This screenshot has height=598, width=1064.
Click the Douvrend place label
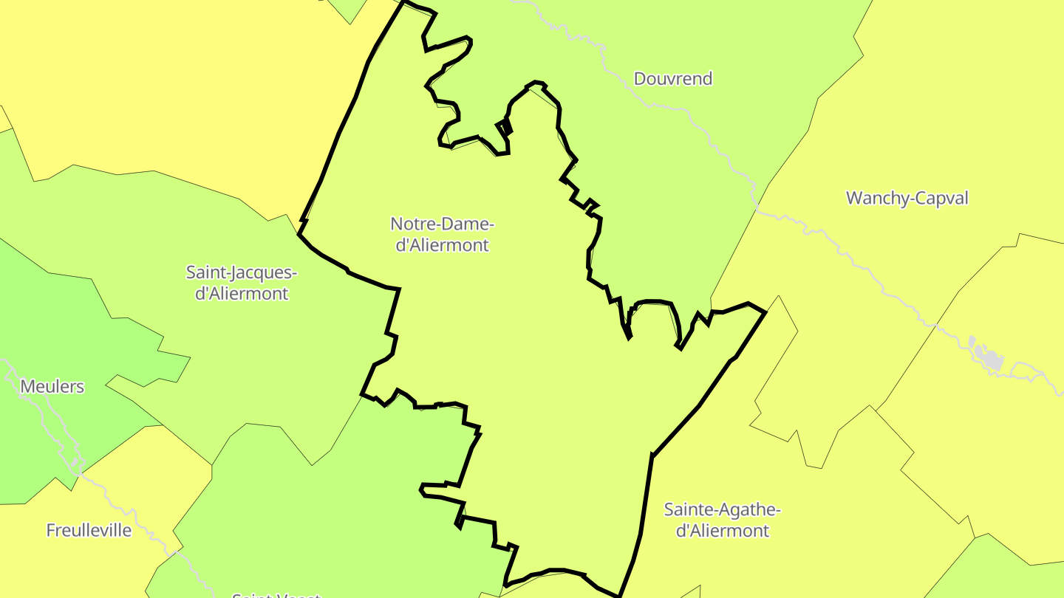(x=673, y=79)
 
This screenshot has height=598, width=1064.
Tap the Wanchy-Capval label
(x=907, y=198)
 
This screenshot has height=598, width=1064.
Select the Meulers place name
(x=52, y=386)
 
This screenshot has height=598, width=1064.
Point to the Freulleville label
(x=89, y=530)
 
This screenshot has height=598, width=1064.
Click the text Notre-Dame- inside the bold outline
(x=442, y=224)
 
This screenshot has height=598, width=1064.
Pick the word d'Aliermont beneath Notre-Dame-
(x=442, y=245)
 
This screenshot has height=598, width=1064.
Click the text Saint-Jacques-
(x=241, y=272)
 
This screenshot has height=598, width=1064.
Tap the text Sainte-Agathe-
(x=722, y=509)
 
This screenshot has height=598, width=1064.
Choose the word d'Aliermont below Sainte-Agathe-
(x=722, y=531)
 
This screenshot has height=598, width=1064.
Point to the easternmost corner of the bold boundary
(x=765, y=312)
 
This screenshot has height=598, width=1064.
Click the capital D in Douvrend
(x=640, y=79)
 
